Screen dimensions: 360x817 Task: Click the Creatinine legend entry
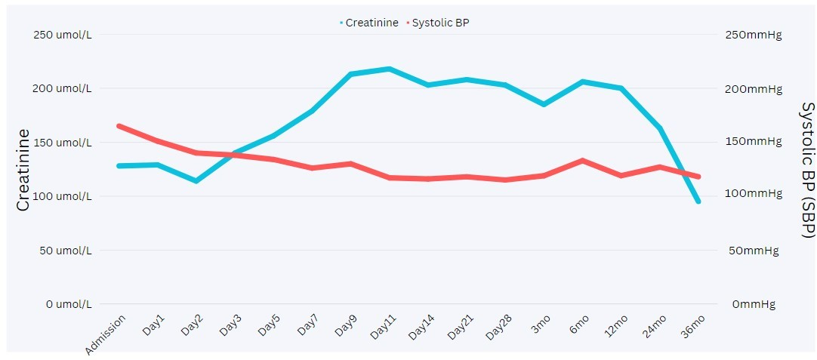[371, 23]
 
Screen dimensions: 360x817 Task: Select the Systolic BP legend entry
[442, 23]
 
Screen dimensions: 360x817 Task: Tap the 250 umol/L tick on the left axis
[63, 35]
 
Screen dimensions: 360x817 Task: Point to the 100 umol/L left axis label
[63, 196]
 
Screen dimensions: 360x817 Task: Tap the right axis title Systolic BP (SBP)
[806, 170]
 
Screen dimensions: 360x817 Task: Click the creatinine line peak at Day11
[388, 69]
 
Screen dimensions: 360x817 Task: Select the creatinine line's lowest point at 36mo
[698, 202]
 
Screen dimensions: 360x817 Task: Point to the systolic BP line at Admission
[119, 125]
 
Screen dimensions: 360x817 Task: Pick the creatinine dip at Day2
[196, 181]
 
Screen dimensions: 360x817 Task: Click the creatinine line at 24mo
[660, 128]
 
